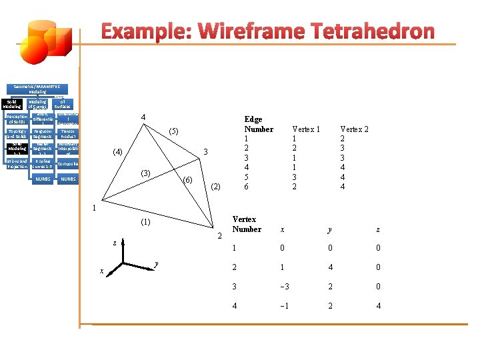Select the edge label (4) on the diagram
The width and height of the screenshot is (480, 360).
pyautogui.click(x=117, y=151)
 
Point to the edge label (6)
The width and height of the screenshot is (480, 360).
pyautogui.click(x=188, y=180)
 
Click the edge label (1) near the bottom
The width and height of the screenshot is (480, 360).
pyautogui.click(x=145, y=221)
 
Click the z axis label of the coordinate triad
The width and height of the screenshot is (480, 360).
pyautogui.click(x=114, y=243)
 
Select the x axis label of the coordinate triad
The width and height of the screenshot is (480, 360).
pyautogui.click(x=101, y=271)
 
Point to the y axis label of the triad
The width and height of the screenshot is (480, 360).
pyautogui.click(x=155, y=264)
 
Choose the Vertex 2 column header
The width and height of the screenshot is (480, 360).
pyautogui.click(x=354, y=129)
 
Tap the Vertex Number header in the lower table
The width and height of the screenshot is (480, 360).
pyautogui.click(x=246, y=224)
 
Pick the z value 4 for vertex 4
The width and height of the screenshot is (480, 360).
pyautogui.click(x=378, y=306)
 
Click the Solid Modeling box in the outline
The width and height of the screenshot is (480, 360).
pyautogui.click(x=13, y=104)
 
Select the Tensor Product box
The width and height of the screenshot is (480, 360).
pyautogui.click(x=68, y=133)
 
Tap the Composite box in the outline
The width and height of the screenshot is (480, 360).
pyautogui.click(x=68, y=163)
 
